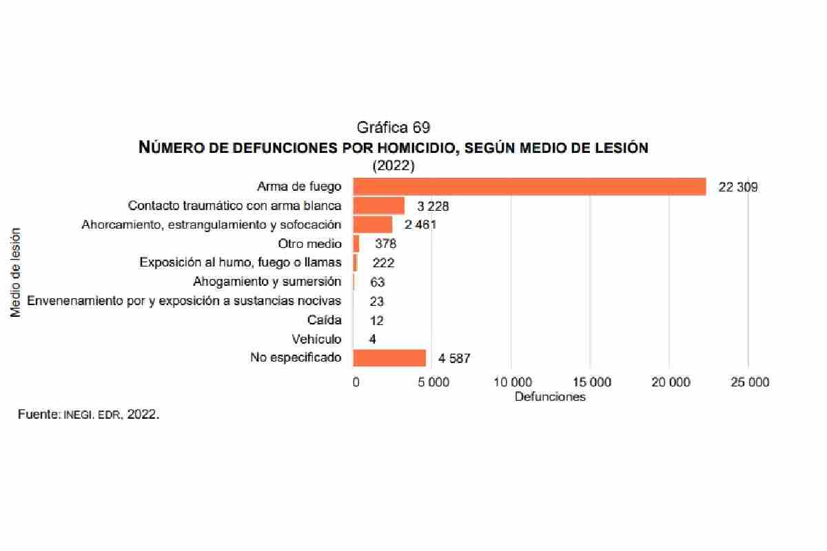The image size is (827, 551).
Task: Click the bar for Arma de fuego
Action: point(529,187)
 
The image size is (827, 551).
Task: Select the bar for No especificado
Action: point(389,358)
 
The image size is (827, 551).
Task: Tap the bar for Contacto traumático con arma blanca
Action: point(378,206)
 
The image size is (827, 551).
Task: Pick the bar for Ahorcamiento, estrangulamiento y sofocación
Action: point(372,225)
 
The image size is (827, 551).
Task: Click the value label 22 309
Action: point(738,187)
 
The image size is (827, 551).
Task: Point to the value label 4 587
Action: point(454,358)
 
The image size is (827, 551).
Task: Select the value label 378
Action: point(386,244)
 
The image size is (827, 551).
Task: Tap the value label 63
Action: point(377,282)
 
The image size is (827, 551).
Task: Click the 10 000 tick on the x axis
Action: point(511,383)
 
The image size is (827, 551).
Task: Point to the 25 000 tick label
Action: point(749,383)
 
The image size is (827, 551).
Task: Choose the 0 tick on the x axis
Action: point(356,383)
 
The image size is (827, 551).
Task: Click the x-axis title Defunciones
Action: point(550,397)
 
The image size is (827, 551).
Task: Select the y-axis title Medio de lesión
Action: point(17,272)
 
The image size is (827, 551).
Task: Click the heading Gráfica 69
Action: point(394,127)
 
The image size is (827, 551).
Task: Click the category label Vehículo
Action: point(316,339)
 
